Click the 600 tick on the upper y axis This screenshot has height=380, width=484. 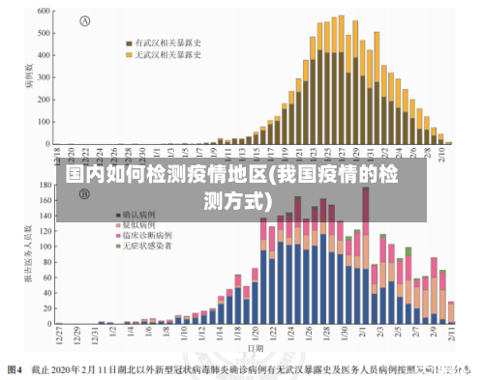(x=44, y=12)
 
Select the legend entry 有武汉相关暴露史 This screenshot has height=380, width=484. (x=164, y=43)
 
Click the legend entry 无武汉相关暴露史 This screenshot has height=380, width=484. (x=164, y=55)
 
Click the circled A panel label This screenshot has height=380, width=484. (x=84, y=21)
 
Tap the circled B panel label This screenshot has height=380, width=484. (x=84, y=193)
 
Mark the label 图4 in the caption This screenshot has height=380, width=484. (x=15, y=368)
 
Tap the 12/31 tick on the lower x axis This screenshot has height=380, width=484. (x=95, y=335)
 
